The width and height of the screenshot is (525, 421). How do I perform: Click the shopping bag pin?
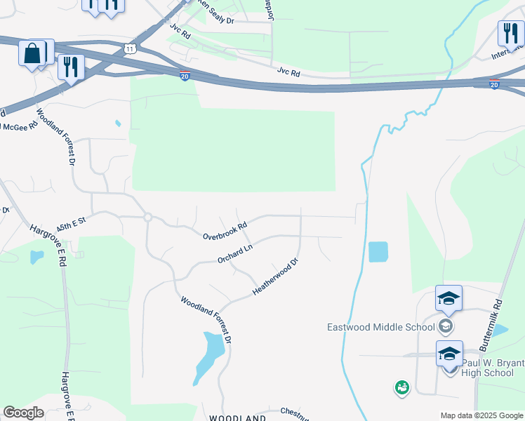tap(33, 54)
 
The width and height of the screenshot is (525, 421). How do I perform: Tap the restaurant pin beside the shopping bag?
tap(70, 68)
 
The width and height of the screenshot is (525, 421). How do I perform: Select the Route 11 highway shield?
tap(129, 48)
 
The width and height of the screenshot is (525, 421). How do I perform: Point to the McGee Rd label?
tap(20, 126)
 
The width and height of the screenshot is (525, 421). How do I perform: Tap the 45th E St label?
tap(70, 221)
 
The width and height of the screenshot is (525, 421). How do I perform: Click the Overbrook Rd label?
tap(225, 231)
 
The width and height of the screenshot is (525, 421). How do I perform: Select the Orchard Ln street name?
tap(234, 254)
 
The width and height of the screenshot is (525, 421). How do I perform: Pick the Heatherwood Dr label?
tap(275, 276)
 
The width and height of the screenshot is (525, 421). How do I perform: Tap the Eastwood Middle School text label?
tap(380, 327)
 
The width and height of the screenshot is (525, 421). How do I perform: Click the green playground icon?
tap(401, 387)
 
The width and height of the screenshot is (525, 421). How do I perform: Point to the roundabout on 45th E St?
tap(147, 218)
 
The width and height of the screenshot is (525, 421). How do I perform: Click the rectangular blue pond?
tap(378, 252)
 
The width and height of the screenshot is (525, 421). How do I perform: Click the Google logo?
tap(23, 413)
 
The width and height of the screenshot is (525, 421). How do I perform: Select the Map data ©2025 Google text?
tap(481, 415)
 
